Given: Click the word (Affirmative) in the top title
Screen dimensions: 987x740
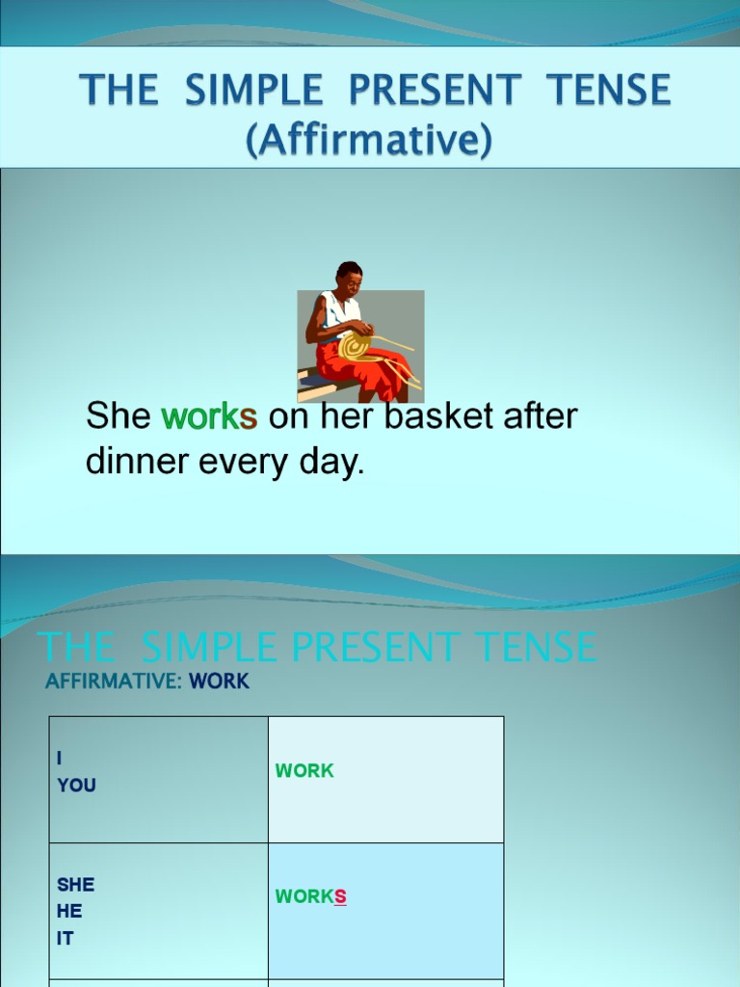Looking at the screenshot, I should pos(369,140).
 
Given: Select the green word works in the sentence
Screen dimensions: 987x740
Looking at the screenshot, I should pos(209,417).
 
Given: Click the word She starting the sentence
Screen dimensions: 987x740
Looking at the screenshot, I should pos(119,417).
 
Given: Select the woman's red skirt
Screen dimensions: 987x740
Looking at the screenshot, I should pos(371,369).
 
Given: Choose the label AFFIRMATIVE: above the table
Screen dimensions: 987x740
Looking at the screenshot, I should pos(114,681).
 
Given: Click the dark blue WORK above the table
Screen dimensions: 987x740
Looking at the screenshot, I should pos(219,681).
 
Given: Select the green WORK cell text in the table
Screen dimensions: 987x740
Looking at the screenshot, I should pos(304,771).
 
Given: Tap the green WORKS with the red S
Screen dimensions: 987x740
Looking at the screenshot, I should pos(310,897).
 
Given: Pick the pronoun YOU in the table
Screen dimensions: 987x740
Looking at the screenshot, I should pos(76,786).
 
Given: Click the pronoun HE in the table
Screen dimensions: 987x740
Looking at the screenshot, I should pos(69,911).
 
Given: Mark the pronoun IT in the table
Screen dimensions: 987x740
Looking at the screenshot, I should pos(65,938).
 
